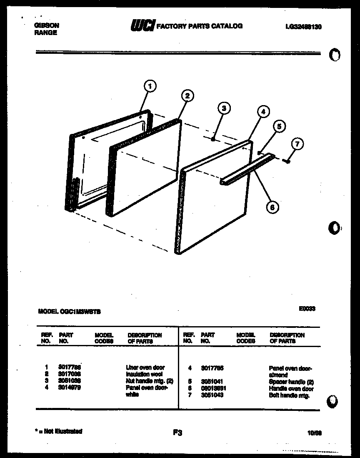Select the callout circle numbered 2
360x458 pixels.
(x=187, y=96)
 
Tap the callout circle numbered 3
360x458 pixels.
(x=224, y=108)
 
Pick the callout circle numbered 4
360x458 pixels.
(x=262, y=111)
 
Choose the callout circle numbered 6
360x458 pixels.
(x=272, y=206)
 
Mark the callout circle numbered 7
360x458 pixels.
(x=297, y=145)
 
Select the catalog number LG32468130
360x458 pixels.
(x=304, y=27)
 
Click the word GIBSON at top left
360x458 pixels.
(x=46, y=25)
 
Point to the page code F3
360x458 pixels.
(x=178, y=433)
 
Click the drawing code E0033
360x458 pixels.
(x=307, y=309)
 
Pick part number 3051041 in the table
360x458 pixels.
(x=212, y=381)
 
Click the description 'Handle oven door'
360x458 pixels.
(x=290, y=388)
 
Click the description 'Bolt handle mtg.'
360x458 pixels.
(x=289, y=395)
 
